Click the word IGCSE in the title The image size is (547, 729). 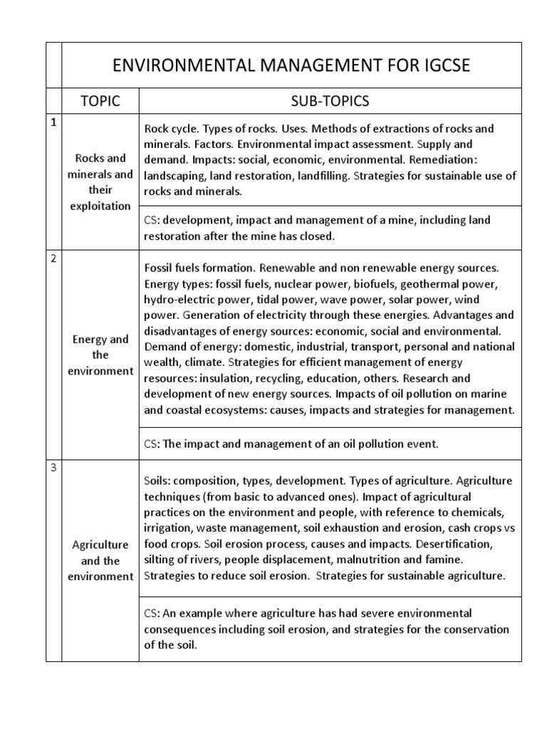click(436, 67)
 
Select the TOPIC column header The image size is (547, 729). click(100, 101)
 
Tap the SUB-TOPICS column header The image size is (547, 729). click(330, 101)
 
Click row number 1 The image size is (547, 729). click(53, 122)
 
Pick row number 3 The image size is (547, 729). click(53, 468)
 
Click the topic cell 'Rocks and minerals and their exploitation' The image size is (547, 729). click(100, 182)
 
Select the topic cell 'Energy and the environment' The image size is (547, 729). click(100, 355)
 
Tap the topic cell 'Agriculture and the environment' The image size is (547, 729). click(100, 560)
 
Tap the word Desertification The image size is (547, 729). click(433, 544)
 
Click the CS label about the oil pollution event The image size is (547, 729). click(150, 444)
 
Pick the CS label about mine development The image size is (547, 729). click(150, 221)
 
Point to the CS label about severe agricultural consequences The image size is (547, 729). click(150, 613)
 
